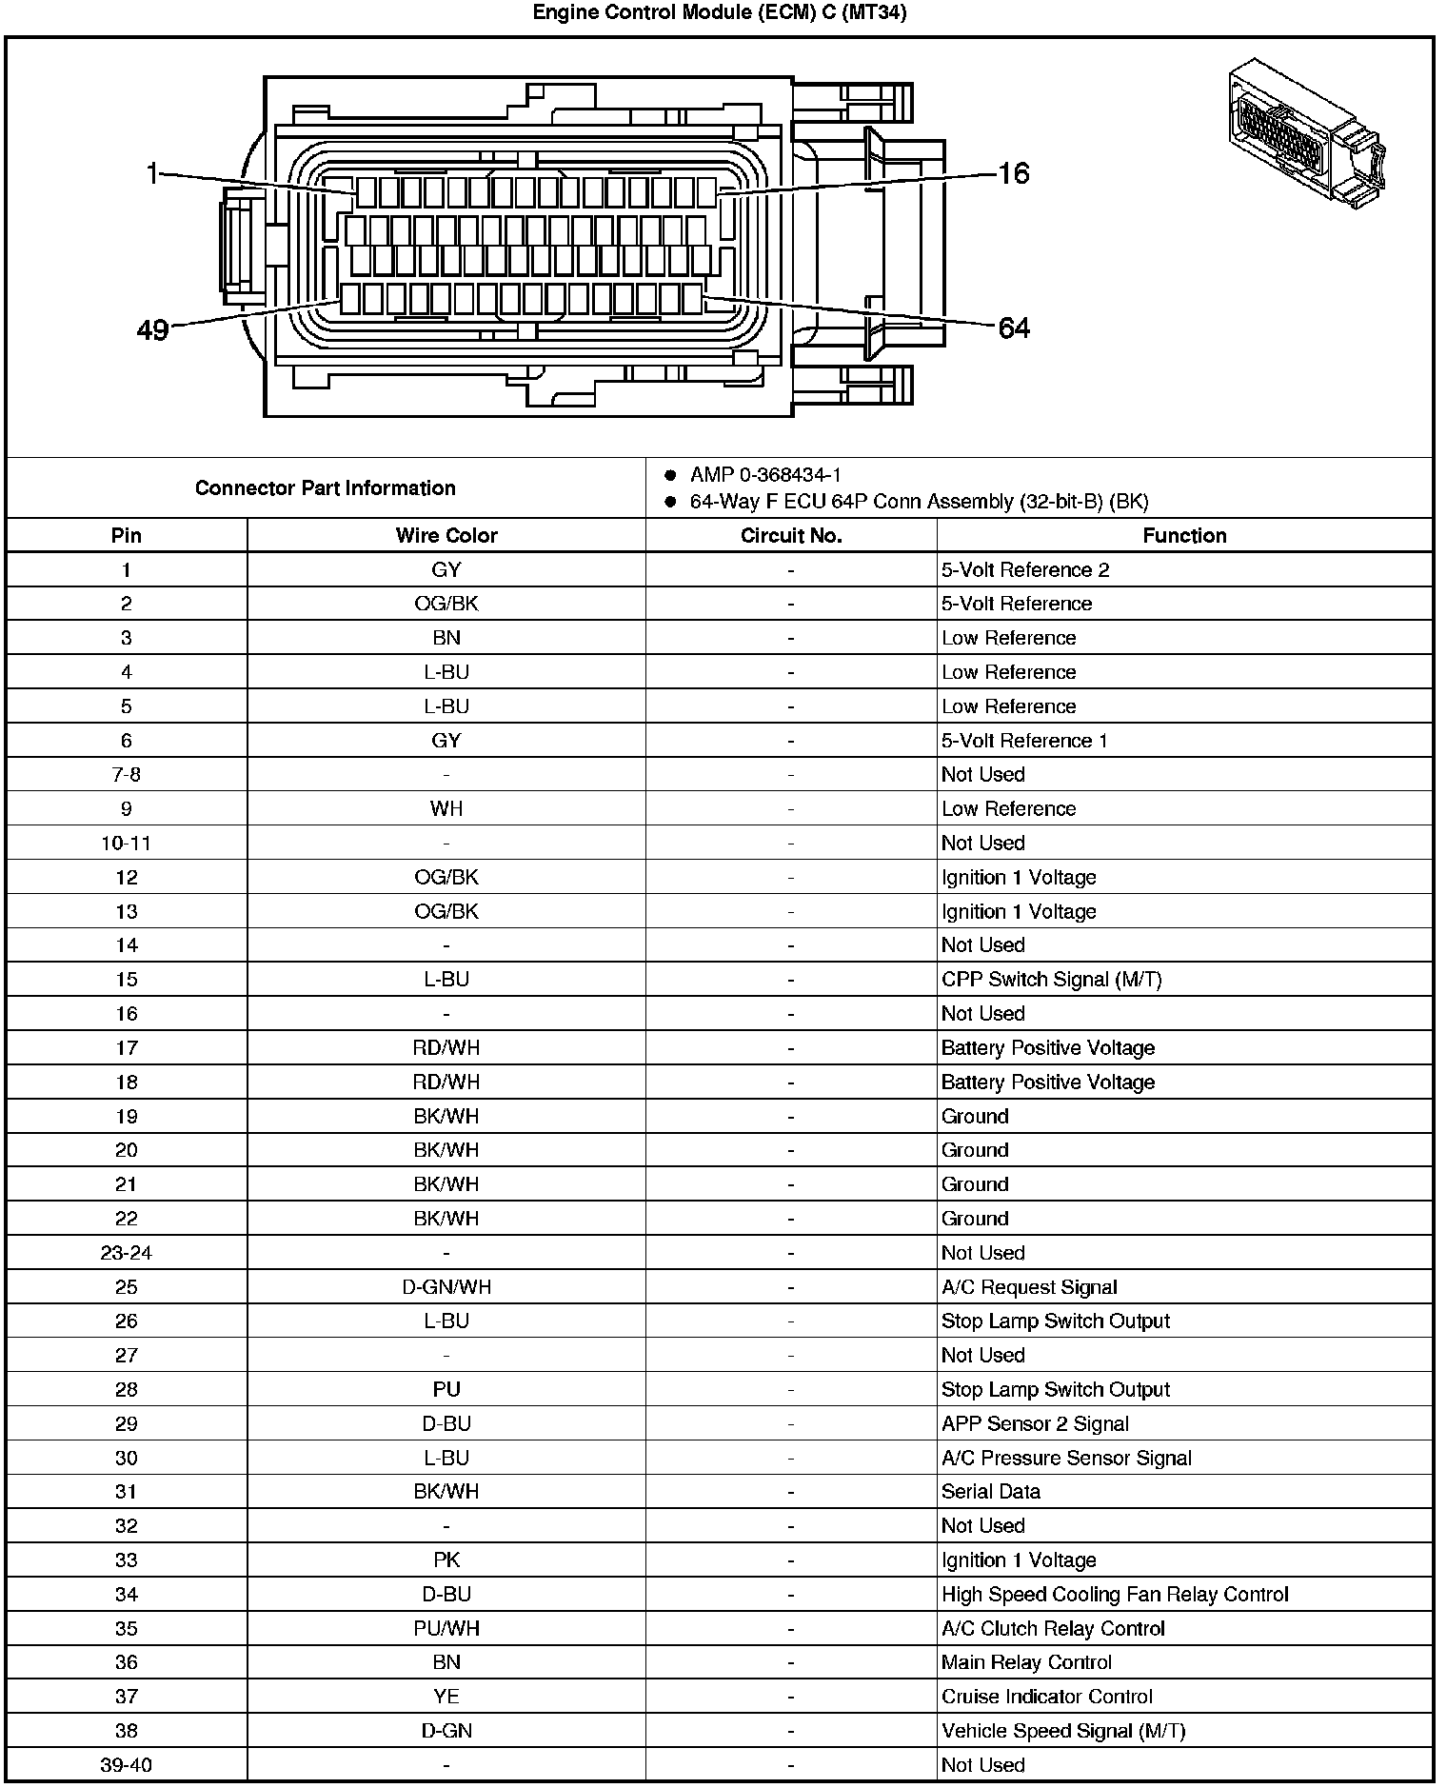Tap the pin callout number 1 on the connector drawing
coord(152,173)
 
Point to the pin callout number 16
coord(1013,173)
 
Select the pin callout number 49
coord(152,330)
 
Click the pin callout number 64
coord(1013,328)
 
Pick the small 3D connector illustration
coord(1306,132)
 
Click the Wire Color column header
coord(446,535)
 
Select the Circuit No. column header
coord(790,535)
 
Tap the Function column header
coord(1184,535)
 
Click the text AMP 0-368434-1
coord(765,474)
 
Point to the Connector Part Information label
coord(325,488)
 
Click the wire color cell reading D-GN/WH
coord(446,1287)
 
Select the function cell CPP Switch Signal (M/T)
coord(1051,980)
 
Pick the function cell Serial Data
coord(990,1492)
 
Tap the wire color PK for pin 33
coord(446,1560)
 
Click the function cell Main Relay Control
coord(1026,1662)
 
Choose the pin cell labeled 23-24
coord(126,1253)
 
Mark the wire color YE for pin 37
coord(446,1697)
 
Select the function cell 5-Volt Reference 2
coord(1025,570)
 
